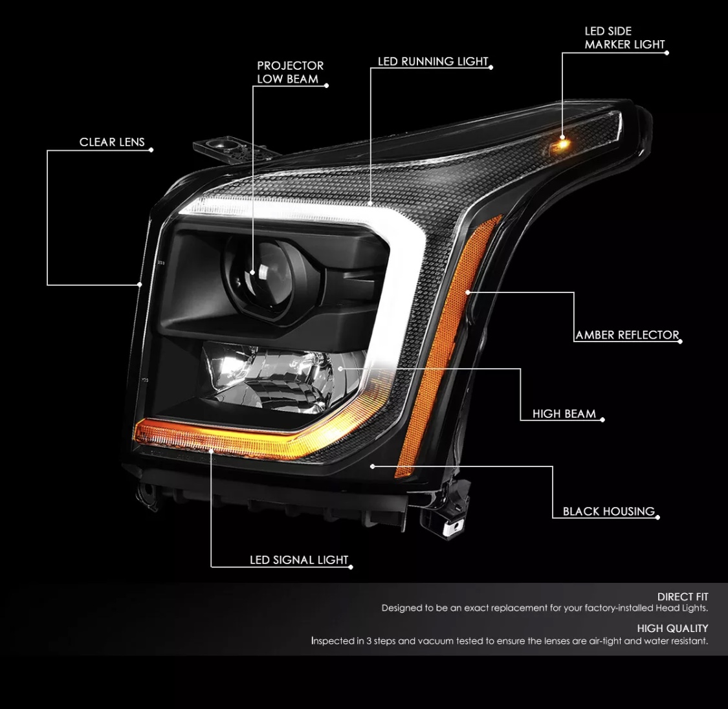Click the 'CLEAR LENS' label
pyautogui.click(x=112, y=142)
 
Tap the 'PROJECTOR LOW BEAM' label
pyautogui.click(x=290, y=72)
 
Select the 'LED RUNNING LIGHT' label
pyautogui.click(x=433, y=61)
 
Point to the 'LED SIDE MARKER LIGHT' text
pyautogui.click(x=624, y=38)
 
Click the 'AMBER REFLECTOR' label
pyautogui.click(x=627, y=335)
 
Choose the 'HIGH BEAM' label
pyautogui.click(x=564, y=414)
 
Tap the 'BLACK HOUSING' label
pyautogui.click(x=609, y=511)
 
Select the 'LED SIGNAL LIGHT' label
pyautogui.click(x=299, y=560)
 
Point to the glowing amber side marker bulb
pyautogui.click(x=561, y=145)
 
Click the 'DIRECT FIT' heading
pyautogui.click(x=683, y=596)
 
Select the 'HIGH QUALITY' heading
pyautogui.click(x=672, y=628)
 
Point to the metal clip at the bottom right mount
pyautogui.click(x=453, y=527)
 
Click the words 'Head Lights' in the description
pyautogui.click(x=681, y=608)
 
